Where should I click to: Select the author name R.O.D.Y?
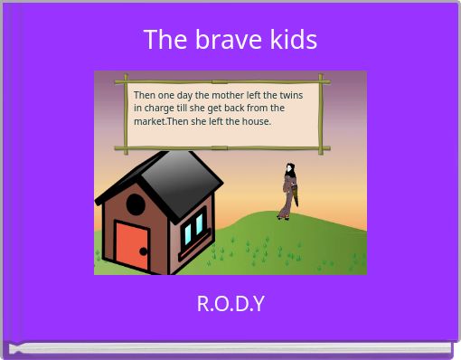point(230,303)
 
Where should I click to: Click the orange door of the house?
point(132,246)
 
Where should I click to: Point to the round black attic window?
point(135,204)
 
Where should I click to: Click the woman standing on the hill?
point(288,191)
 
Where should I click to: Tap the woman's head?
point(289,168)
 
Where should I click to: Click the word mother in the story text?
point(230,95)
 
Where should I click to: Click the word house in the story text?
point(256,121)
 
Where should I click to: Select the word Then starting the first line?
point(144,95)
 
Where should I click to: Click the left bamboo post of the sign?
point(126,114)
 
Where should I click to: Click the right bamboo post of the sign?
point(321,114)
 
